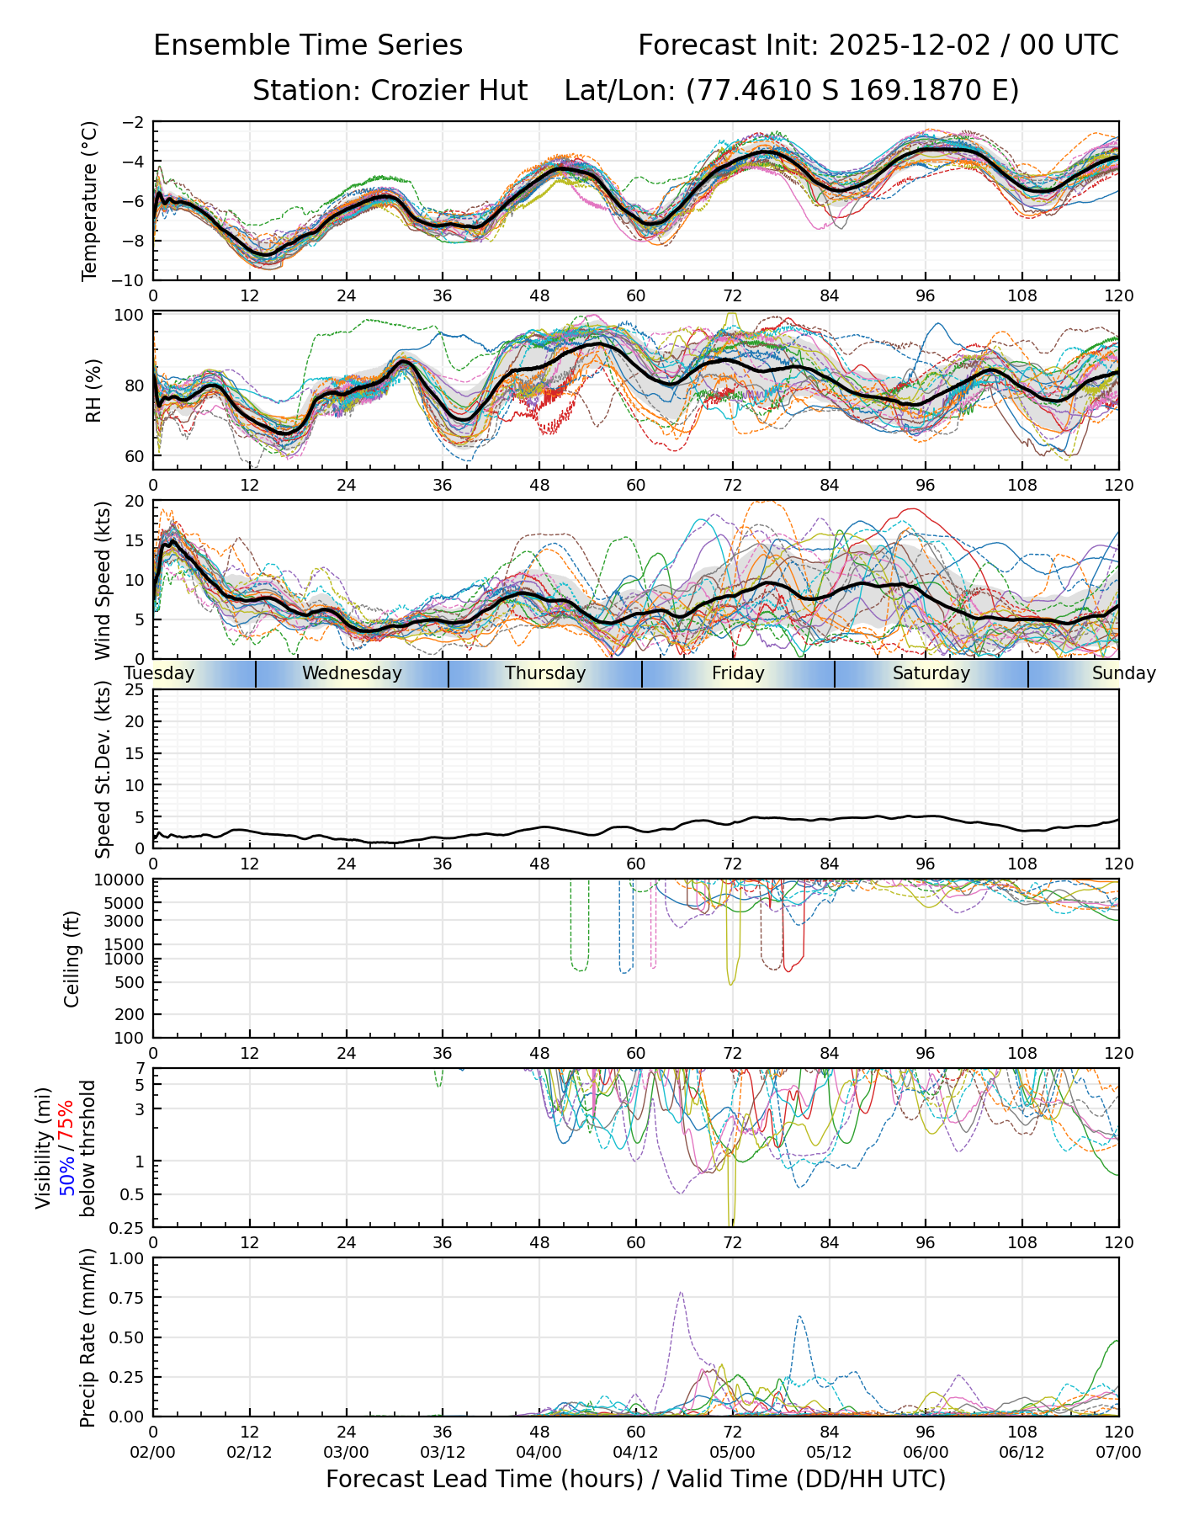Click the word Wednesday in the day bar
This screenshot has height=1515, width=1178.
[x=352, y=673]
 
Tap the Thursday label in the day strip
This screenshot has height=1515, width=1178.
[x=545, y=673]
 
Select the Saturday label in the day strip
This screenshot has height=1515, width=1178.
[x=931, y=673]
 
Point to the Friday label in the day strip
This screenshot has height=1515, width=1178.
[x=738, y=673]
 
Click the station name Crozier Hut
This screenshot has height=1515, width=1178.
[x=449, y=90]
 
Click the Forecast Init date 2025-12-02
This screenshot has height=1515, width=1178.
[x=910, y=45]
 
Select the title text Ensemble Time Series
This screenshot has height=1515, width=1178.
[x=308, y=45]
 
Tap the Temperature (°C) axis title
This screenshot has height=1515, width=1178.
[x=90, y=200]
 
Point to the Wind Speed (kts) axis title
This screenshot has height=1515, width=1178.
[x=103, y=580]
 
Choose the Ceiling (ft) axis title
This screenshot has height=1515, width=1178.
[x=72, y=959]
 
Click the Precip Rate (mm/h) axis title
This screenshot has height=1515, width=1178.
[x=88, y=1337]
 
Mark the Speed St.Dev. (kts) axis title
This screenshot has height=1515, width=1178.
[x=103, y=768]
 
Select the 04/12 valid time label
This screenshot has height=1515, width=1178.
[x=635, y=1452]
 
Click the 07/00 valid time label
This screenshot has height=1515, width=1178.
[x=1118, y=1452]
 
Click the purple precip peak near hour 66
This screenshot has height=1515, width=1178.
[x=680, y=1294]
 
